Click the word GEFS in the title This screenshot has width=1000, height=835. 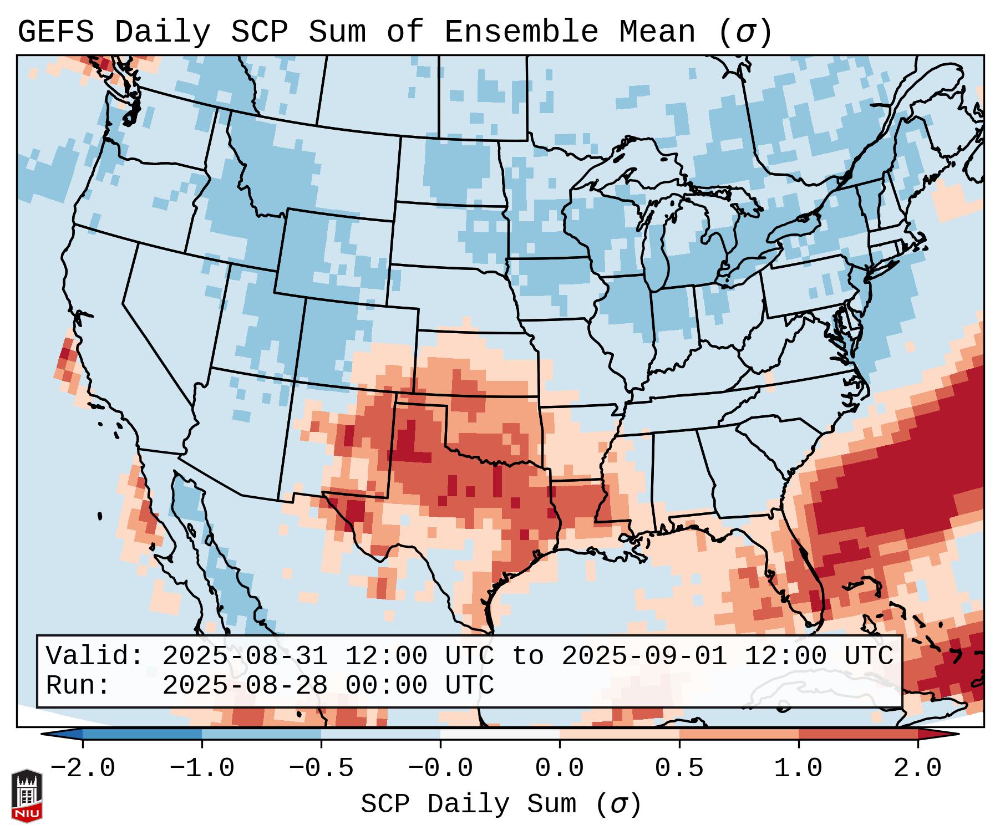coord(56,32)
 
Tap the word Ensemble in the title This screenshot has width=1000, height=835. coord(521,32)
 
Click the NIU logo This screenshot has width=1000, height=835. coord(27,796)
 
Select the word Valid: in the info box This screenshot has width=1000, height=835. coord(95,656)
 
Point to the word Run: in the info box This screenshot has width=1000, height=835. coord(78,685)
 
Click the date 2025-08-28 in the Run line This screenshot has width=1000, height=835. coord(245,685)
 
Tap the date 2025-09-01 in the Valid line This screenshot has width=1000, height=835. coord(644,656)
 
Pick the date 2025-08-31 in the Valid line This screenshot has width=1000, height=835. coord(245,656)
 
